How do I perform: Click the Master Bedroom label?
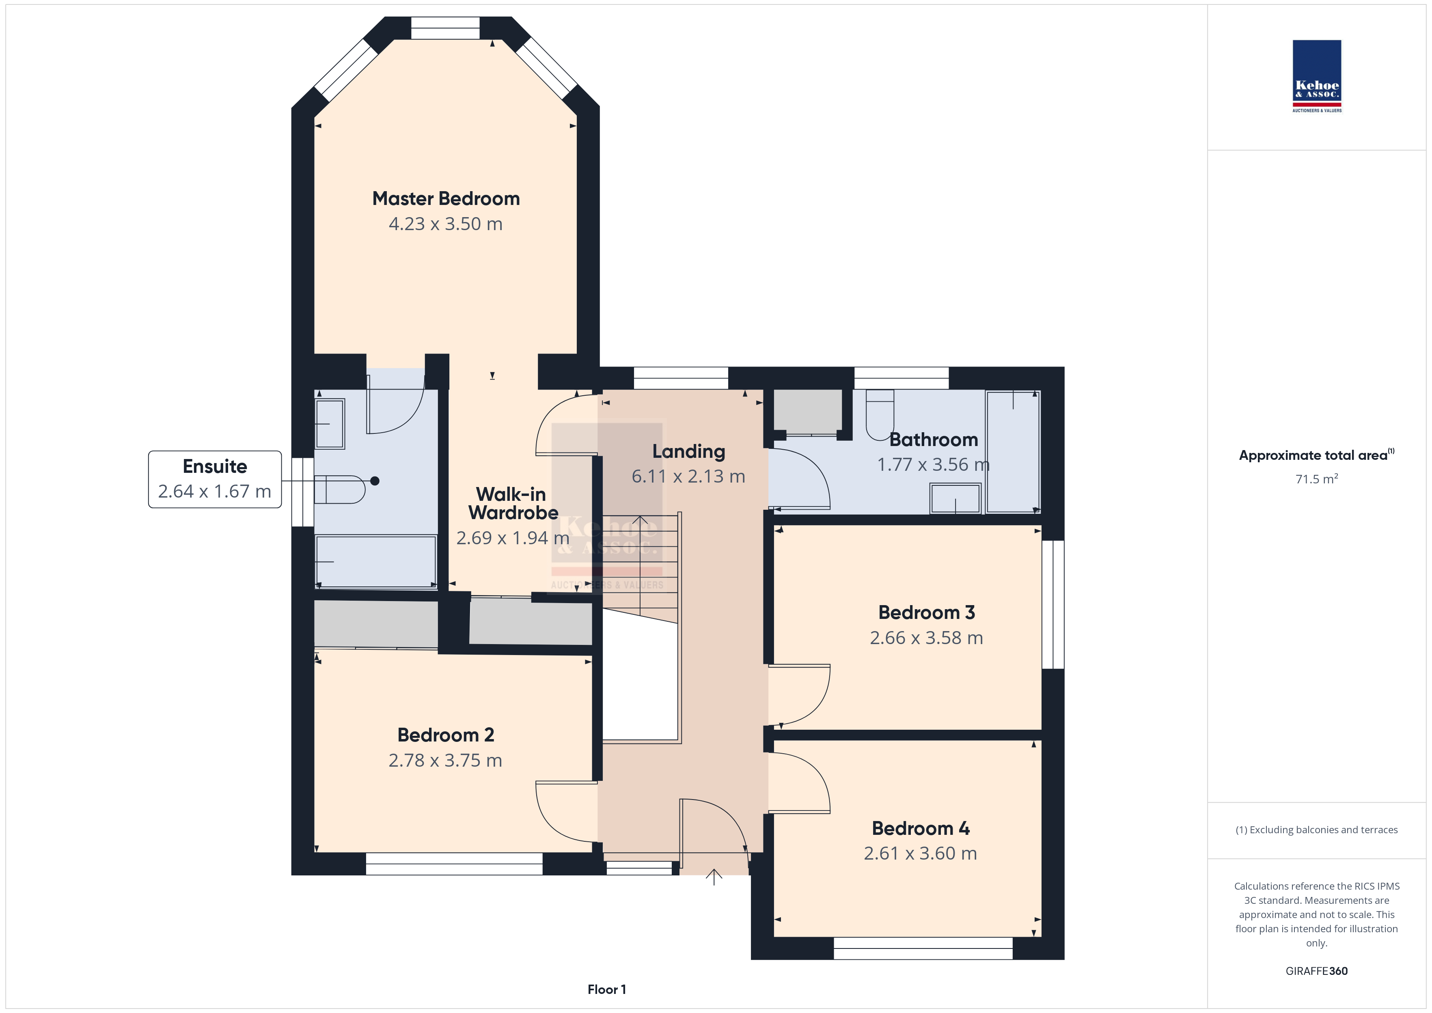coord(446,198)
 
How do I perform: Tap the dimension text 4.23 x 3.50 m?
coord(445,224)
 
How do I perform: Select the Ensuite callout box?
coord(215,479)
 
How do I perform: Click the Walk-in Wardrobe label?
coord(513,503)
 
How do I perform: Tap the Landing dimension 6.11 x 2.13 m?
coord(688,476)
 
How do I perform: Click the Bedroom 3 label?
coord(927,612)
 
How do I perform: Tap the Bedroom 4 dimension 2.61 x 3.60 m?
coord(921,854)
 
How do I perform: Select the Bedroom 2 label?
coord(446,735)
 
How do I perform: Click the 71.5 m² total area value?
coord(1317,479)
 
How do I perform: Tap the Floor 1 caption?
coord(607,989)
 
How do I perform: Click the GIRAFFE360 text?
coord(1317,971)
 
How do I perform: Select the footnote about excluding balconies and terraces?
coord(1317,830)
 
